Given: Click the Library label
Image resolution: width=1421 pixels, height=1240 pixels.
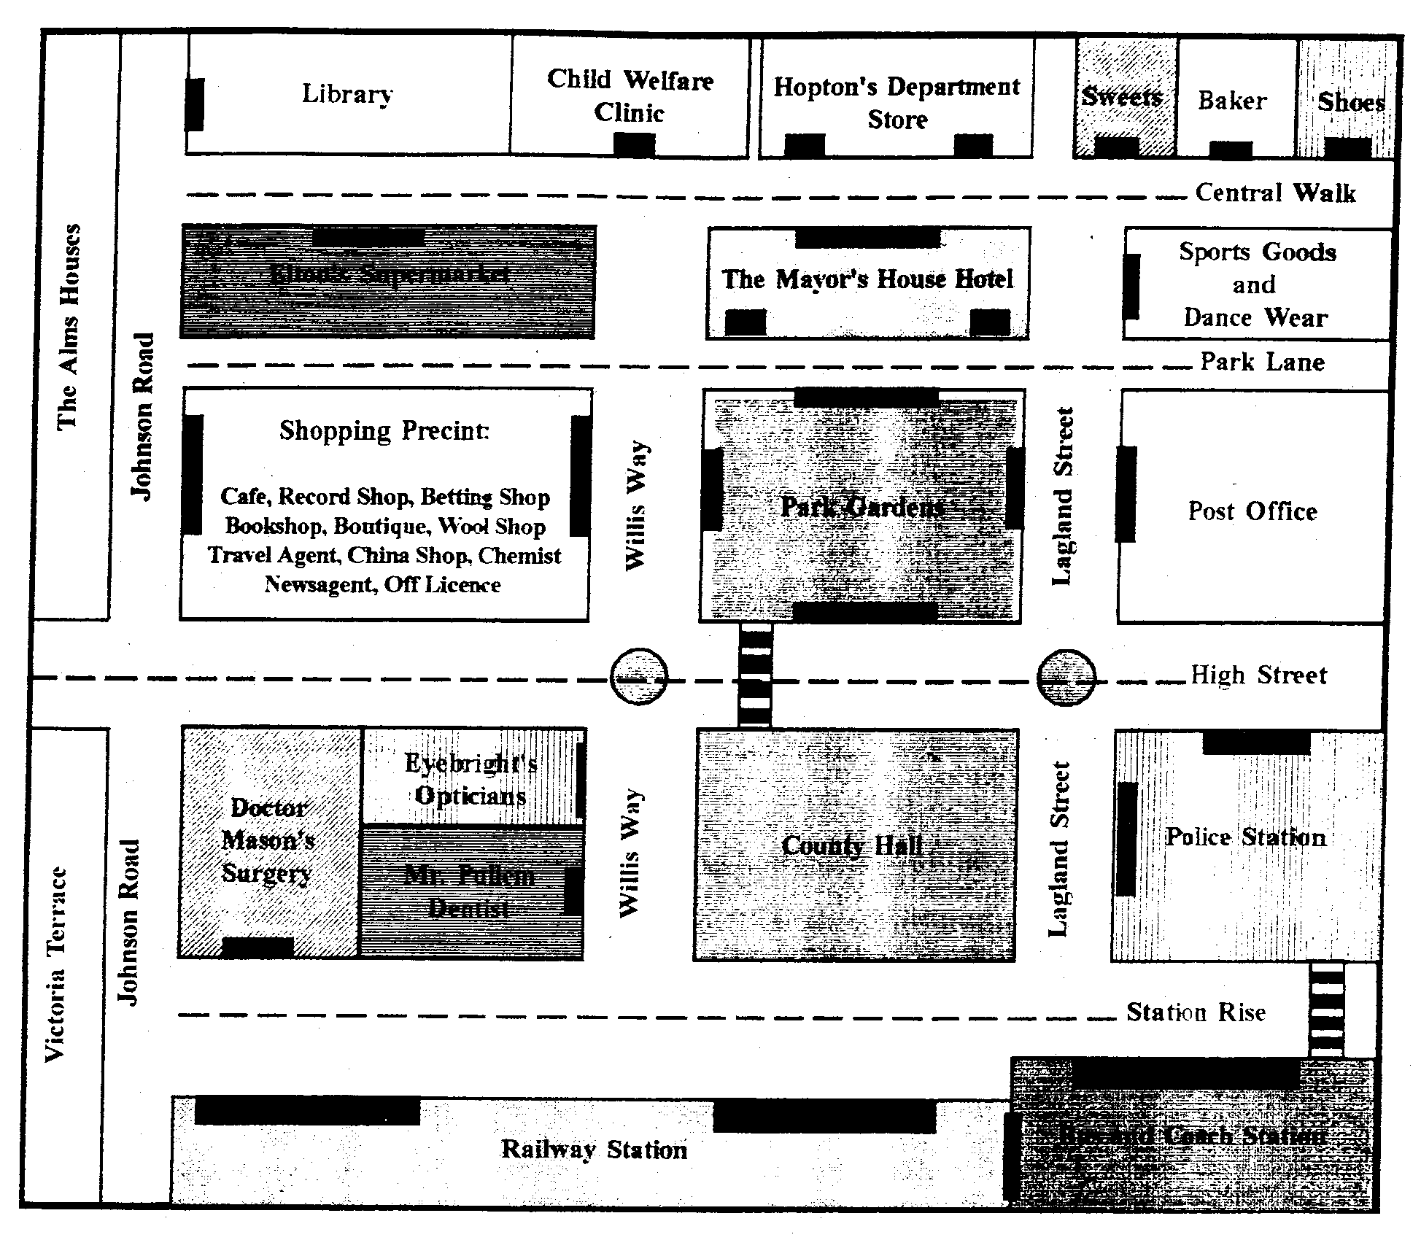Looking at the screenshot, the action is click(x=347, y=94).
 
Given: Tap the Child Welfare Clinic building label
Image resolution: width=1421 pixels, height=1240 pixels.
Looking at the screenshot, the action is click(x=630, y=96).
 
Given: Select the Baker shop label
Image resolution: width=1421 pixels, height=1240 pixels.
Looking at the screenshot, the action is click(x=1232, y=101).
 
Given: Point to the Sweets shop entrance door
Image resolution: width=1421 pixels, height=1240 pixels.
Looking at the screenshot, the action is click(x=1116, y=147).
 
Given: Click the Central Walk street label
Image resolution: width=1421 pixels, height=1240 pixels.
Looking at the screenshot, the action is click(x=1275, y=193).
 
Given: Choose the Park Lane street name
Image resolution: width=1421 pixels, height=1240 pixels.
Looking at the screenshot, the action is click(x=1262, y=362).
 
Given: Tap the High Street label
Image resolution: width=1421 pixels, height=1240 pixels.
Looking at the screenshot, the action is click(x=1258, y=675).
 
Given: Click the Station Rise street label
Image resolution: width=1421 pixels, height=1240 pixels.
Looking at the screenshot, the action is click(x=1196, y=1012).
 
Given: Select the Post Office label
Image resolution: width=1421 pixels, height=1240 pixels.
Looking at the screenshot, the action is click(x=1252, y=511).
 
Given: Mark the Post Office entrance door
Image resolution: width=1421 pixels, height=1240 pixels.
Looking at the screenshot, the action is click(x=1126, y=494).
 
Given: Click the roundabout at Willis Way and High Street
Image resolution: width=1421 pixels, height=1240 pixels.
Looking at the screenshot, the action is click(x=639, y=678).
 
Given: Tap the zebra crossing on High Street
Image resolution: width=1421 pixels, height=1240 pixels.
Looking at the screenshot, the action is click(x=755, y=675).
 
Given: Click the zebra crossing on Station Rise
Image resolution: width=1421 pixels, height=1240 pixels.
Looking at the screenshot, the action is click(x=1326, y=1010).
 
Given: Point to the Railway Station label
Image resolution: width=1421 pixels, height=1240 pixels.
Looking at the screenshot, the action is click(x=594, y=1150).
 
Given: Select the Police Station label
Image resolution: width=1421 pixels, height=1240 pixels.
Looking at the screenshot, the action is click(x=1245, y=837).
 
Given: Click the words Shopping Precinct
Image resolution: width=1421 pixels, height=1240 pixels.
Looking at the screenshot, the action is click(x=384, y=430).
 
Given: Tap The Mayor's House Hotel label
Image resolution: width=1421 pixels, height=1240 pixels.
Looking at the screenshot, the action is click(x=867, y=279).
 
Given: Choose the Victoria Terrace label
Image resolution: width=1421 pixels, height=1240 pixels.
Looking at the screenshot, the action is click(x=56, y=964).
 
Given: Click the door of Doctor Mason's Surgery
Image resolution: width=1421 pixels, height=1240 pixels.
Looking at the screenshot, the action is click(x=258, y=948).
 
